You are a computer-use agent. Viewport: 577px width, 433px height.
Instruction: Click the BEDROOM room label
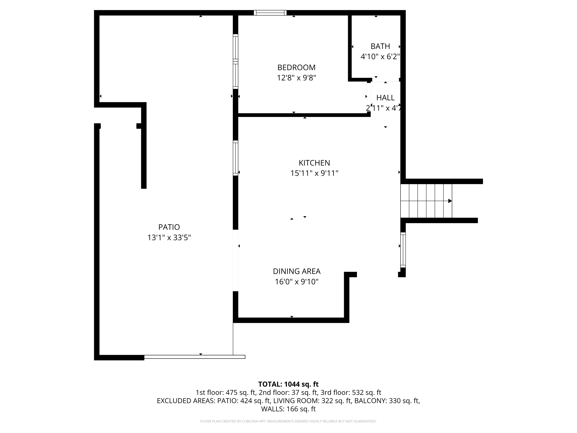[x=296, y=68]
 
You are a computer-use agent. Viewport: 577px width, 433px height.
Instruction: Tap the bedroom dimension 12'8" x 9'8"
[x=296, y=78]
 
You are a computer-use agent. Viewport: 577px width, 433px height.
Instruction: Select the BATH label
[x=380, y=46]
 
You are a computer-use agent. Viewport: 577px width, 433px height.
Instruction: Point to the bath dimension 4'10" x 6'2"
[x=380, y=57]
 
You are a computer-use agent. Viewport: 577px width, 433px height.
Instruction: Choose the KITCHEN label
[x=314, y=163]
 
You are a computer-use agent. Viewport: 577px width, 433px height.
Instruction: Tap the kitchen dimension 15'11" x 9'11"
[x=314, y=173]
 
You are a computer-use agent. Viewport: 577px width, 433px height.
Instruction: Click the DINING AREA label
[x=297, y=272]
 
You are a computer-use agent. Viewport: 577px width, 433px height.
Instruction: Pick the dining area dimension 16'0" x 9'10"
[x=297, y=282]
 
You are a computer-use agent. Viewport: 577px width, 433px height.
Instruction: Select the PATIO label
[x=169, y=227]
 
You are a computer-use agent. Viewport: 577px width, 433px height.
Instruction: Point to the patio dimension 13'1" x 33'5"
[x=169, y=237]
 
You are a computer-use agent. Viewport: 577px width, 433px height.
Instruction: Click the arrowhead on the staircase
[x=450, y=201]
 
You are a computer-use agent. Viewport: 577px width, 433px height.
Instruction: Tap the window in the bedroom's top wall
[x=270, y=13]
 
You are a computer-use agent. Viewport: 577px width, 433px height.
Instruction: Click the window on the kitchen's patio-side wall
[x=236, y=158]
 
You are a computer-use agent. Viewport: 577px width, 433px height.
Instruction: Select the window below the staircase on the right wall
[x=403, y=250]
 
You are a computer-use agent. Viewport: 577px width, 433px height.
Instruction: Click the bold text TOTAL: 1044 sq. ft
[x=288, y=384]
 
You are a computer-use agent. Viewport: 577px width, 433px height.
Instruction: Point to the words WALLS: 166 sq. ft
[x=288, y=409]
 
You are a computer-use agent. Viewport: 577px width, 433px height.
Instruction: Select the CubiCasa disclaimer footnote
[x=288, y=421]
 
